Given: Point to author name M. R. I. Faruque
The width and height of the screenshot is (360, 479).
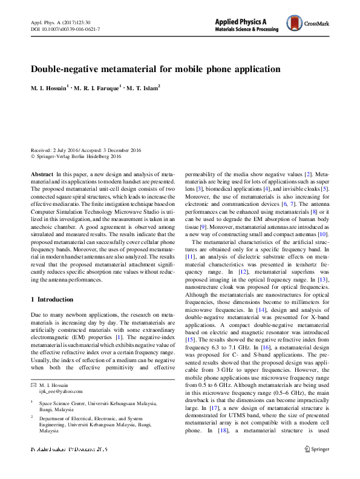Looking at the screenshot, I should click(97, 88).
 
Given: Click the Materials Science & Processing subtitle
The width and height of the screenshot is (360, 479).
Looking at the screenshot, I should click(249, 30).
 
